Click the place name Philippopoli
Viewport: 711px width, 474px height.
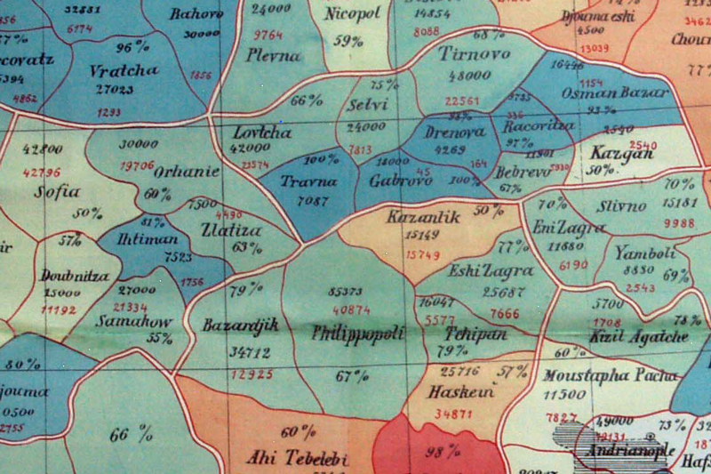[359, 333]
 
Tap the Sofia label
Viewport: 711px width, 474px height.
[58, 190]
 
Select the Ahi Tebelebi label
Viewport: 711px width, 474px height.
[298, 460]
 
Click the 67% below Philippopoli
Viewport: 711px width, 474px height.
[351, 376]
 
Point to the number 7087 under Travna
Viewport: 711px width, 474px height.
[310, 201]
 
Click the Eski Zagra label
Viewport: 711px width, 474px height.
[479, 271]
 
